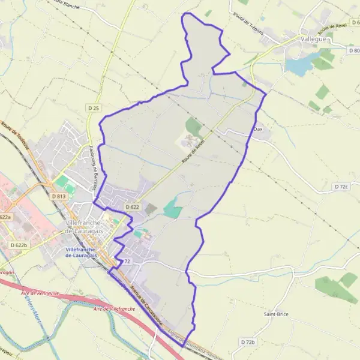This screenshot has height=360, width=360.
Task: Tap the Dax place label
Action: (259, 129)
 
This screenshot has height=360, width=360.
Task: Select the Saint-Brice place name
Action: (277, 314)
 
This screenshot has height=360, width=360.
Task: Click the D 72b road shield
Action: (248, 342)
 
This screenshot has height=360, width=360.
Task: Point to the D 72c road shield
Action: (341, 188)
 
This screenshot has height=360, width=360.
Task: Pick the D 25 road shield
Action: (92, 108)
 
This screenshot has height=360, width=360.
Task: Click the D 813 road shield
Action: (58, 196)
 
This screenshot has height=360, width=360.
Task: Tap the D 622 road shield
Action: (132, 207)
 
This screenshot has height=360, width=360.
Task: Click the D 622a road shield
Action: (5, 217)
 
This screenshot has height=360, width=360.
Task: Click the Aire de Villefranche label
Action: (114, 308)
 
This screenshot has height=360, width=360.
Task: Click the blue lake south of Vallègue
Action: (298, 65)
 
